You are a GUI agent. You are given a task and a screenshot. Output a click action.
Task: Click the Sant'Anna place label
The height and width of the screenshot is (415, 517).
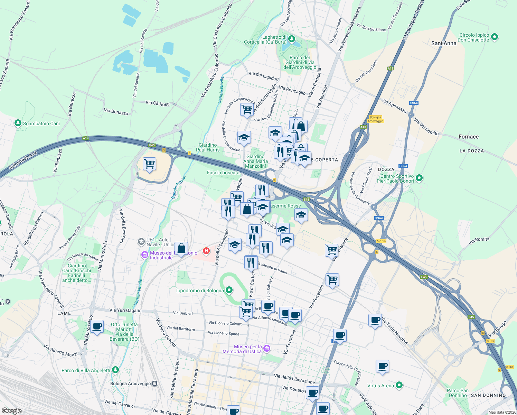coord(444,43)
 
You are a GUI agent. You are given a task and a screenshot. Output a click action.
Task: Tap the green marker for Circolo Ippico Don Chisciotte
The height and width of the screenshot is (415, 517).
coord(494,37)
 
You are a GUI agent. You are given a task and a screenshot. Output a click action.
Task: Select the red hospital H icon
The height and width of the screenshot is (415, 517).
coord(206,251)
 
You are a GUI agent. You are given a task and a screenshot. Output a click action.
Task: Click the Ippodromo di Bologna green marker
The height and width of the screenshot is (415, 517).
coord(229,290)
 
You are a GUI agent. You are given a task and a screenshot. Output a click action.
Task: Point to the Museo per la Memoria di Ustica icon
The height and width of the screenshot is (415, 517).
coord(267,348)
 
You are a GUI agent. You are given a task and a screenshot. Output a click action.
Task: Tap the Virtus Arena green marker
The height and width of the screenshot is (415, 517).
coord(399,385)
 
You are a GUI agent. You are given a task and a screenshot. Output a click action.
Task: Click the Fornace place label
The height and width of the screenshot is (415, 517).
coord(468,137)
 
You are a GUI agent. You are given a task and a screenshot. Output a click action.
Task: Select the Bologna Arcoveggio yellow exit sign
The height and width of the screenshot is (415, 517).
coord(375,119)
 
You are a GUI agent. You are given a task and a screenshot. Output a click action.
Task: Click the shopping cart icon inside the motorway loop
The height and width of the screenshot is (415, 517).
coord(149,164)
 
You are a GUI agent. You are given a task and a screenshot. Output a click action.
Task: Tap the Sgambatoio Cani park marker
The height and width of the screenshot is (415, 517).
coord(18,123)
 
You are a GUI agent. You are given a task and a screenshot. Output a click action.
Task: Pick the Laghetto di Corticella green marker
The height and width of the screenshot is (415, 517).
coord(292,39)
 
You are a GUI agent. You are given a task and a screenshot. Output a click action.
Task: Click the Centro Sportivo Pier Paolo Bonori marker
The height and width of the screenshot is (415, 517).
coord(419,178)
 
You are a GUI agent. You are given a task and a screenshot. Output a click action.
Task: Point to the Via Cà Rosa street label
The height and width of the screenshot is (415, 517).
coord(158,103)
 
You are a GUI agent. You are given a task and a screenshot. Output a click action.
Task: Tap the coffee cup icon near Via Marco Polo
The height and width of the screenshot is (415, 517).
coord(97,326)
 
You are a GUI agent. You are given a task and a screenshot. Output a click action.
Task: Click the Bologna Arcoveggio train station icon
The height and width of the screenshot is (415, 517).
coord(154,384)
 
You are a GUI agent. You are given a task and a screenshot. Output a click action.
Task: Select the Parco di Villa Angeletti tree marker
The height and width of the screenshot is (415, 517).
coord(115,370)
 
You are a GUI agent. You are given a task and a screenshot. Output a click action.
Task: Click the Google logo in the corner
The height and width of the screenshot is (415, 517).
coord(11,411)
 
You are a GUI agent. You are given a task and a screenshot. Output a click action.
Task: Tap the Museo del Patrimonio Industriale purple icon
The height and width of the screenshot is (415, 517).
coord(145,255)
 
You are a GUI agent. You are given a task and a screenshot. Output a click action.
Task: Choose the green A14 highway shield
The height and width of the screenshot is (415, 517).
coord(86,138)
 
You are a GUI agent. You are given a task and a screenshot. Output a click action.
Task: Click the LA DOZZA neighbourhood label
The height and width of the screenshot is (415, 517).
coord(471,151)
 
